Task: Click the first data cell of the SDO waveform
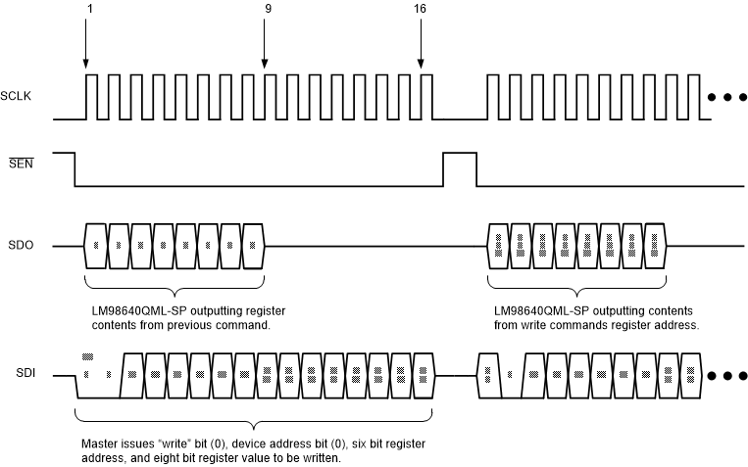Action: tap(96, 245)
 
